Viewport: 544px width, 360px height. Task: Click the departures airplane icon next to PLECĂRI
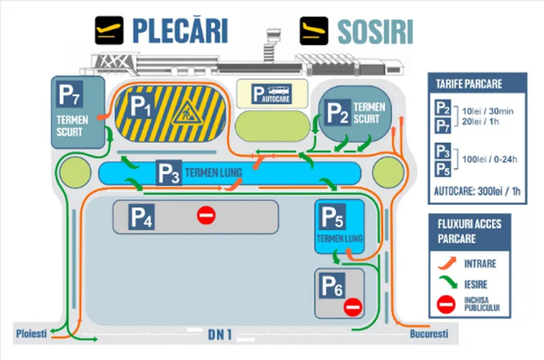tap(109, 30)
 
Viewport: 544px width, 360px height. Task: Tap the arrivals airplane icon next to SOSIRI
tap(313, 31)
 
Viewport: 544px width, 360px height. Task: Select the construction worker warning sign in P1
tap(188, 112)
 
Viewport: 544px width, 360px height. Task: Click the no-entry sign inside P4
tap(207, 215)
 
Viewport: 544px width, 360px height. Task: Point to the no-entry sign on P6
tap(353, 307)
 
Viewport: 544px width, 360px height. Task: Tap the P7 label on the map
tap(70, 94)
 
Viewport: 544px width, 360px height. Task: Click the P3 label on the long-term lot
tap(169, 173)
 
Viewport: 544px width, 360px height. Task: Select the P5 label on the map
tap(332, 216)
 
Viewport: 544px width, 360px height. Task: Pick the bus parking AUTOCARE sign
tap(271, 94)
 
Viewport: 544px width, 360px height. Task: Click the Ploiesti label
tap(31, 333)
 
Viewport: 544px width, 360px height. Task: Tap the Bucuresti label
tap(429, 333)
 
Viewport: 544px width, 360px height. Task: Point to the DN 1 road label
tap(220, 334)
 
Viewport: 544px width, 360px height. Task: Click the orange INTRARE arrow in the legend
tap(447, 263)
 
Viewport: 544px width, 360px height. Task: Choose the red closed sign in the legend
tap(446, 304)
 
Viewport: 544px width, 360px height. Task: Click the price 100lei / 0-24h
tap(490, 159)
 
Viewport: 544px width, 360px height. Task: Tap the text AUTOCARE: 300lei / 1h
tap(477, 191)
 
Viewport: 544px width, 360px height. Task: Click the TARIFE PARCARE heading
tap(469, 84)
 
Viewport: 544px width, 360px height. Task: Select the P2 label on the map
tap(337, 112)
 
